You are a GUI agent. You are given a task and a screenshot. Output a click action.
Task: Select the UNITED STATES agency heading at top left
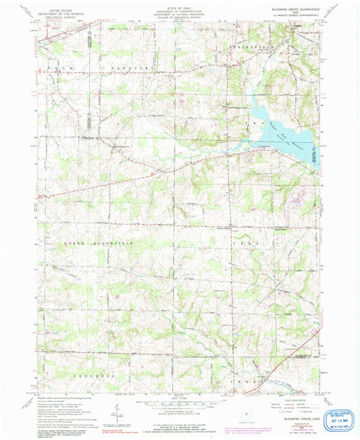coord(56,5)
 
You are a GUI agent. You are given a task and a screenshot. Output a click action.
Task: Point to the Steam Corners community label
coord(223,227)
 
